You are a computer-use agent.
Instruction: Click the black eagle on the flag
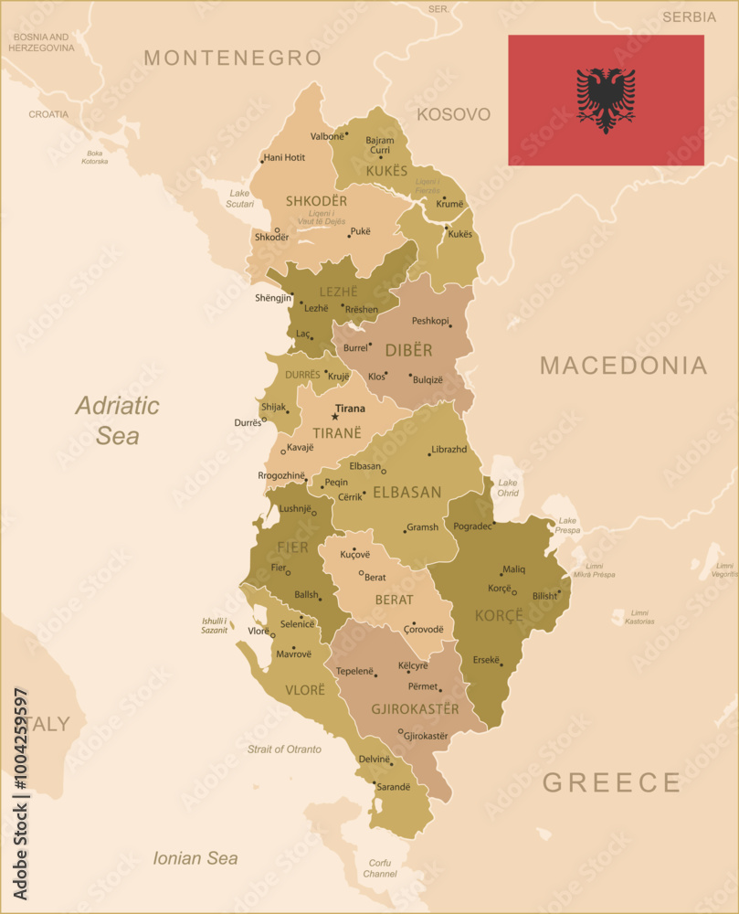point(606,100)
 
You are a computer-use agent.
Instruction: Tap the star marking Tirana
point(335,417)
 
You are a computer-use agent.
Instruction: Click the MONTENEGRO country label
point(233,58)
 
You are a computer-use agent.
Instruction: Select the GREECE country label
point(612,782)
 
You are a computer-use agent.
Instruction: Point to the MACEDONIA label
point(623,366)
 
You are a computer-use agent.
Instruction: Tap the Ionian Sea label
point(195,858)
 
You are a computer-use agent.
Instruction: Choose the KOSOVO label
point(454,114)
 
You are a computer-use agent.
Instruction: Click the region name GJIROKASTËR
point(415,709)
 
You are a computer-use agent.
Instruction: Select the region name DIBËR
point(408,350)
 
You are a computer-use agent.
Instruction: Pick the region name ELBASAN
point(406,492)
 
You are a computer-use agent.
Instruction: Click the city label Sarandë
point(395,786)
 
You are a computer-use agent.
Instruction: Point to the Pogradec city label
point(472,527)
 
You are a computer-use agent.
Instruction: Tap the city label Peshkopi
point(430,321)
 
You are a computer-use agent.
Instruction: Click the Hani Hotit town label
point(284,157)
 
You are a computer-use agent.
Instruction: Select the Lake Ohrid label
point(508,487)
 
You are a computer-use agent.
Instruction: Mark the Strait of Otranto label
point(284,749)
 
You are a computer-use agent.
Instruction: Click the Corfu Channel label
point(379,868)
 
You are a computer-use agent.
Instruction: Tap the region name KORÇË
point(499,615)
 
